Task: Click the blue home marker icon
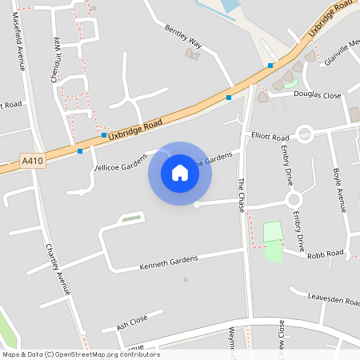(x=180, y=173)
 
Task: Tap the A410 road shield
(x=32, y=161)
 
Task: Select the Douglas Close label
(x=317, y=94)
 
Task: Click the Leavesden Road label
(x=335, y=298)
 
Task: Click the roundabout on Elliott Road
(x=304, y=134)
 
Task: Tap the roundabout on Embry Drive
(x=293, y=199)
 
